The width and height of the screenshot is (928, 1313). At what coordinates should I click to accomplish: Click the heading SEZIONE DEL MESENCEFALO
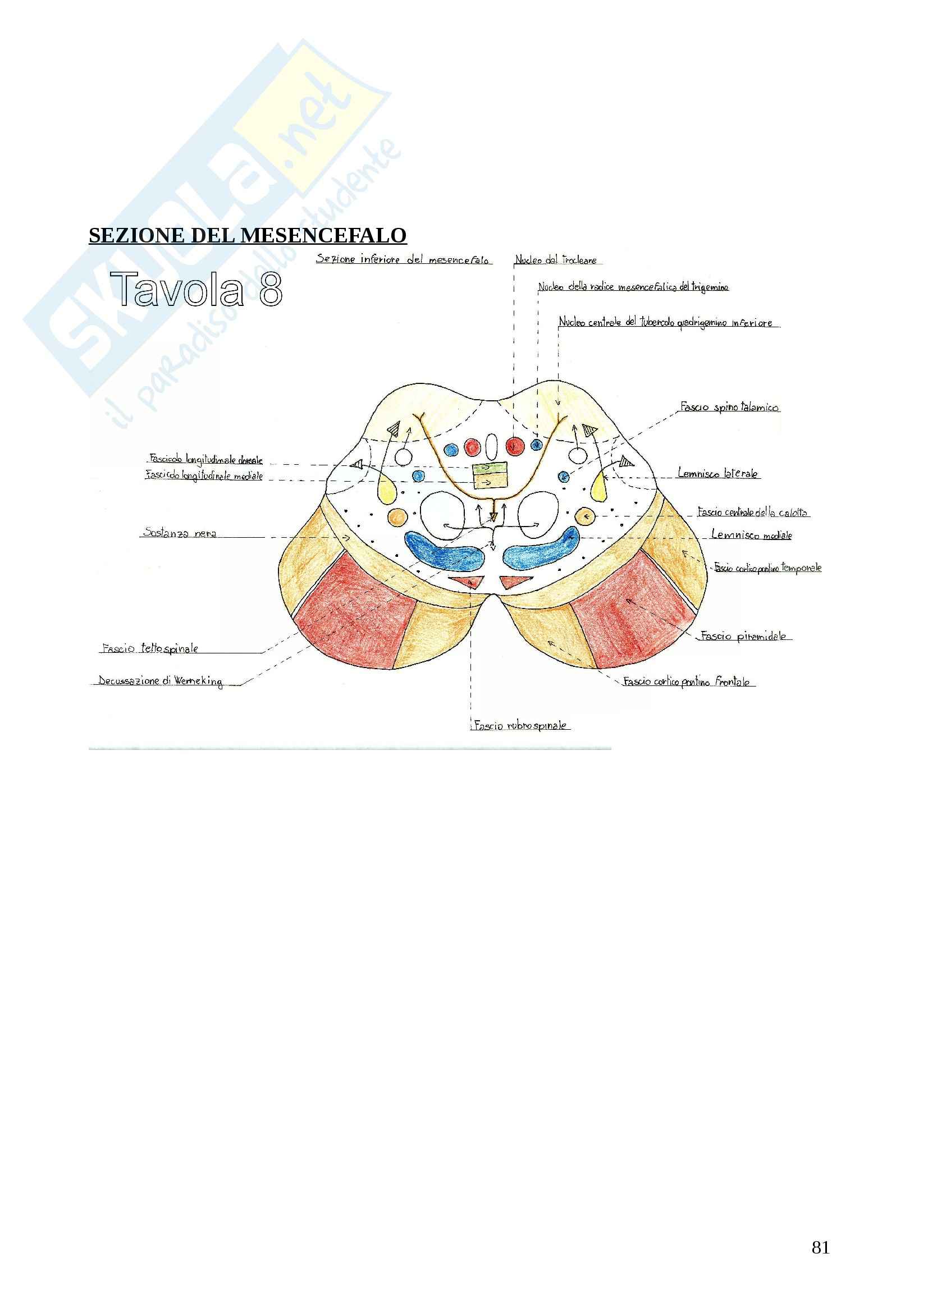pyautogui.click(x=247, y=236)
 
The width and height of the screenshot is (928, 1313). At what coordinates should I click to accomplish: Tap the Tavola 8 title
pyautogui.click(x=196, y=289)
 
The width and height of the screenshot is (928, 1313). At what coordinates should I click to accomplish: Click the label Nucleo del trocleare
pyautogui.click(x=555, y=260)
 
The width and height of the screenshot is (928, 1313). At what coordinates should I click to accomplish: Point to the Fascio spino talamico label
pyautogui.click(x=729, y=407)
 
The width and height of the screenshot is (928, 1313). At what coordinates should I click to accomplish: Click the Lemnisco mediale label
pyautogui.click(x=751, y=536)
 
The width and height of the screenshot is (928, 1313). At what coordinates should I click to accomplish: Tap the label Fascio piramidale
pyautogui.click(x=743, y=636)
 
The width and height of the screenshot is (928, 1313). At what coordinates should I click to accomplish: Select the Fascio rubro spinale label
pyautogui.click(x=520, y=726)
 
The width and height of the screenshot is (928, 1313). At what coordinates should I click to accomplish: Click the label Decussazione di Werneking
pyautogui.click(x=160, y=680)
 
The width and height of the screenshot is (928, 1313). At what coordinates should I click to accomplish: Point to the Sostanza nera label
pyautogui.click(x=180, y=532)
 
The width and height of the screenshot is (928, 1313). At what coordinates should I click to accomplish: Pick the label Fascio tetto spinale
pyautogui.click(x=150, y=648)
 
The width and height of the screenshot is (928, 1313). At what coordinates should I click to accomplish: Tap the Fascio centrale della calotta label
pyautogui.click(x=752, y=513)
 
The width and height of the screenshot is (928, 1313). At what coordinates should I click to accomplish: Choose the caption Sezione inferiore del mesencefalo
pyautogui.click(x=403, y=260)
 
